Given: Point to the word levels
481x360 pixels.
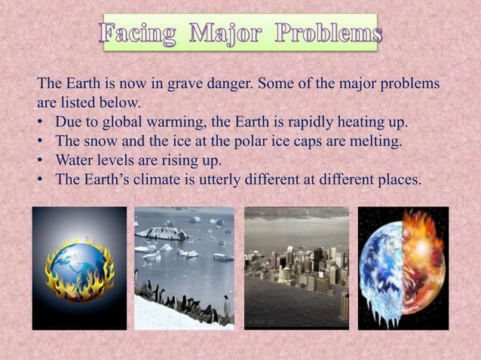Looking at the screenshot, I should point(116,161).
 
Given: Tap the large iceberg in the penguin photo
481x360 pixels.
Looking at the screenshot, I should point(162,233).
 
